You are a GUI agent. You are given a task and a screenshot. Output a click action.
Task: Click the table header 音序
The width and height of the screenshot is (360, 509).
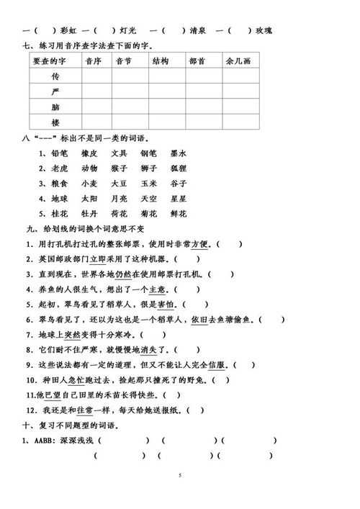(93, 61)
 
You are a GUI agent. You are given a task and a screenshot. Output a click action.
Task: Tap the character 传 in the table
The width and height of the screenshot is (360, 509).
(55, 76)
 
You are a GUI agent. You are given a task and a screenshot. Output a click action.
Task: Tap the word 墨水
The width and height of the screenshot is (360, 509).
(179, 153)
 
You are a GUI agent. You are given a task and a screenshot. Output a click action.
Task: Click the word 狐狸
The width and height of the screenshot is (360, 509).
(179, 168)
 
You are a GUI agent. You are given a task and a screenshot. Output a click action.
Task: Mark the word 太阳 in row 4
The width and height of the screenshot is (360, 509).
(89, 198)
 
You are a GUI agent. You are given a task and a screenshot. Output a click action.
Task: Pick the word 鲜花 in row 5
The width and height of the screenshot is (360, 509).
(179, 214)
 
